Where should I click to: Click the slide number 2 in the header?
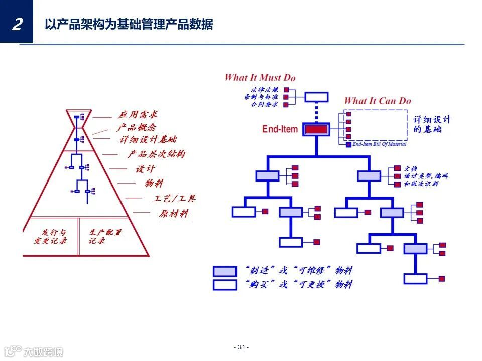click(x=17, y=23)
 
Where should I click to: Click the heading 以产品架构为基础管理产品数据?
click(x=129, y=24)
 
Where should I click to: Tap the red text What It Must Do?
click(x=260, y=77)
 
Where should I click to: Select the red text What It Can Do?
click(x=378, y=101)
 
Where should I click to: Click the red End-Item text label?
click(x=280, y=129)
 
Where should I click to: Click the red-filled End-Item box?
click(x=316, y=129)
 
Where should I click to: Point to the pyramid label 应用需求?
click(x=138, y=114)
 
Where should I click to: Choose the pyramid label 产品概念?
click(x=136, y=127)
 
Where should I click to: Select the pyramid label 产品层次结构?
click(x=156, y=154)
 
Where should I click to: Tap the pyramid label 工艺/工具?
click(x=173, y=198)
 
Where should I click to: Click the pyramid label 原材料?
click(x=174, y=213)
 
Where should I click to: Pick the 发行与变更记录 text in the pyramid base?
click(x=50, y=236)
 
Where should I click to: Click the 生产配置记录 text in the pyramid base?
click(x=105, y=236)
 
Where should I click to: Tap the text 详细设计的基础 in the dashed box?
click(x=432, y=124)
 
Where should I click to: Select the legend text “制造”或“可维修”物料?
click(x=299, y=271)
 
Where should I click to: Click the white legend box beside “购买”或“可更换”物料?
click(x=224, y=285)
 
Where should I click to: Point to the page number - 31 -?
click(x=242, y=347)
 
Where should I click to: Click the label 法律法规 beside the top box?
click(x=264, y=90)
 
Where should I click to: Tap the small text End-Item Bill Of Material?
click(x=380, y=144)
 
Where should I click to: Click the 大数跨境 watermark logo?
click(x=34, y=351)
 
